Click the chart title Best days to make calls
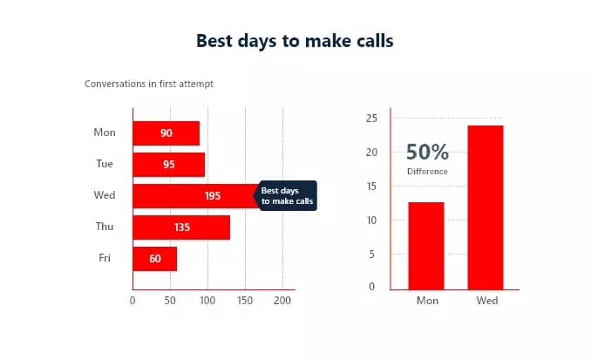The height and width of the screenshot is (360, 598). tap(295, 41)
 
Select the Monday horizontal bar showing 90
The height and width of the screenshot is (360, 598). tap(166, 133)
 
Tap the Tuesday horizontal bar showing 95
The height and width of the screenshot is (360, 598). tap(168, 165)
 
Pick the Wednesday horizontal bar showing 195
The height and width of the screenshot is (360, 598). tap(196, 196)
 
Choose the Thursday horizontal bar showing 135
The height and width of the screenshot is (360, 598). tap(180, 228)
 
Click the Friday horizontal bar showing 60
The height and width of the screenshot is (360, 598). tap(154, 259)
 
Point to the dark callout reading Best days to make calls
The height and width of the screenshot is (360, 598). tap(286, 195)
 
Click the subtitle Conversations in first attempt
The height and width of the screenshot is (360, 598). tap(148, 85)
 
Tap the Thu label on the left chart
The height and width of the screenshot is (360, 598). tap(105, 227)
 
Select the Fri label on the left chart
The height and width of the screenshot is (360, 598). tap(105, 258)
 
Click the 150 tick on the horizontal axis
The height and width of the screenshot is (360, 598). tap(245, 301)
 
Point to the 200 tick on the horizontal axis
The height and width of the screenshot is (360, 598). tap(282, 301)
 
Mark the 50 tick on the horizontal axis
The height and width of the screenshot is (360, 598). tap(170, 301)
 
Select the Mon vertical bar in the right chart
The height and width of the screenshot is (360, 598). tap(426, 245)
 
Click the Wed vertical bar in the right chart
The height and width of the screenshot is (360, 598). tap(486, 207)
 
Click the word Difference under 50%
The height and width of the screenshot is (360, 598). tap(427, 172)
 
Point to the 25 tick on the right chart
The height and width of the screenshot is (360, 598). tap(370, 119)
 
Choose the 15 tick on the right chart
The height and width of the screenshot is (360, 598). tap(370, 187)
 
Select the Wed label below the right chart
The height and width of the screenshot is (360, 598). tap(486, 301)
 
